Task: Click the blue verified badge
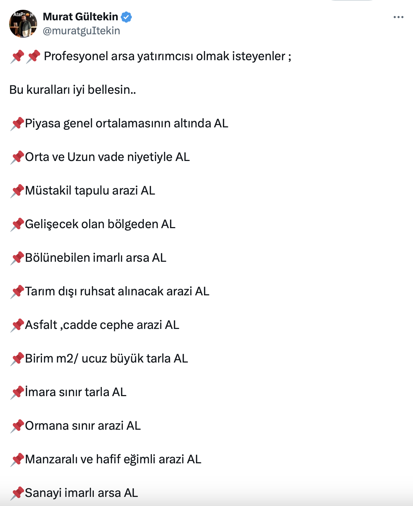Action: [x=126, y=17]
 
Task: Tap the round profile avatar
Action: [x=23, y=24]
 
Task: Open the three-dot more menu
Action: [x=398, y=17]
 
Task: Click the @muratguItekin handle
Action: [x=81, y=31]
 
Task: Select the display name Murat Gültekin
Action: [x=80, y=16]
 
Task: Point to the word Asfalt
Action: [x=41, y=325]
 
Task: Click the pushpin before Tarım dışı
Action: [x=17, y=291]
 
